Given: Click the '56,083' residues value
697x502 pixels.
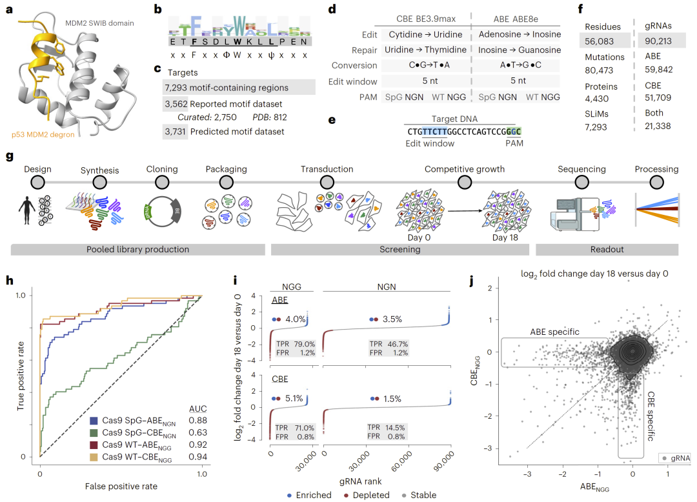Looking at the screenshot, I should (600, 41).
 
